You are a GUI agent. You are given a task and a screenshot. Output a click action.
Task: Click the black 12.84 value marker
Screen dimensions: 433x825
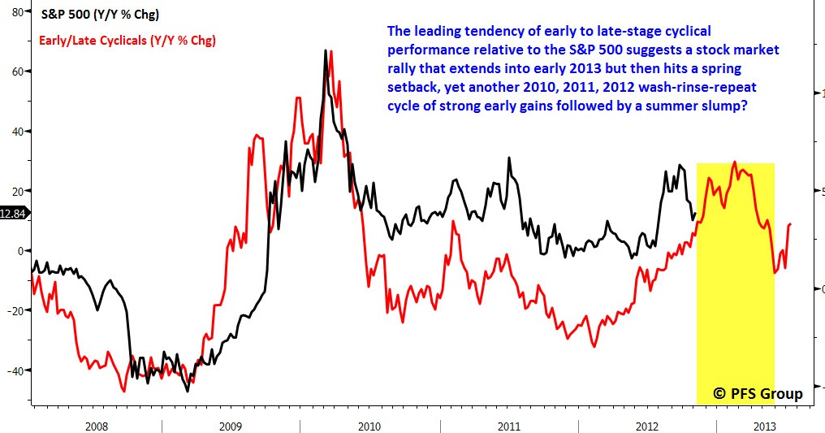click(14, 213)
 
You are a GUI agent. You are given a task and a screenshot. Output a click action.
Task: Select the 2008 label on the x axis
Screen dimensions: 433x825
click(96, 426)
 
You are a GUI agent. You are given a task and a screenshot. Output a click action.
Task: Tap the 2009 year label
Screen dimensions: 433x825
click(231, 426)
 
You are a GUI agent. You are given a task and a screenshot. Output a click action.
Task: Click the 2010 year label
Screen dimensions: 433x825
click(369, 426)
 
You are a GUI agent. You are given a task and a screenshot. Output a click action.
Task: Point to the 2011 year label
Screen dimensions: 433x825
click(508, 426)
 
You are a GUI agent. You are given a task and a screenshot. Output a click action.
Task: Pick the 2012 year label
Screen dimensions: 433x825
click(647, 426)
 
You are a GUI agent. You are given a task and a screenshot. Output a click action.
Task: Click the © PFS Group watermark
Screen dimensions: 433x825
click(758, 394)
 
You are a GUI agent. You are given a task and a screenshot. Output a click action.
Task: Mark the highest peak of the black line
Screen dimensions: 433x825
click(326, 50)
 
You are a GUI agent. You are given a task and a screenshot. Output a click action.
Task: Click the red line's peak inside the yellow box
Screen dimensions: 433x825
click(735, 162)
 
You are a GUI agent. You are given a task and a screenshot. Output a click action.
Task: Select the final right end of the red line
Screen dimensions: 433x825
click(791, 223)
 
